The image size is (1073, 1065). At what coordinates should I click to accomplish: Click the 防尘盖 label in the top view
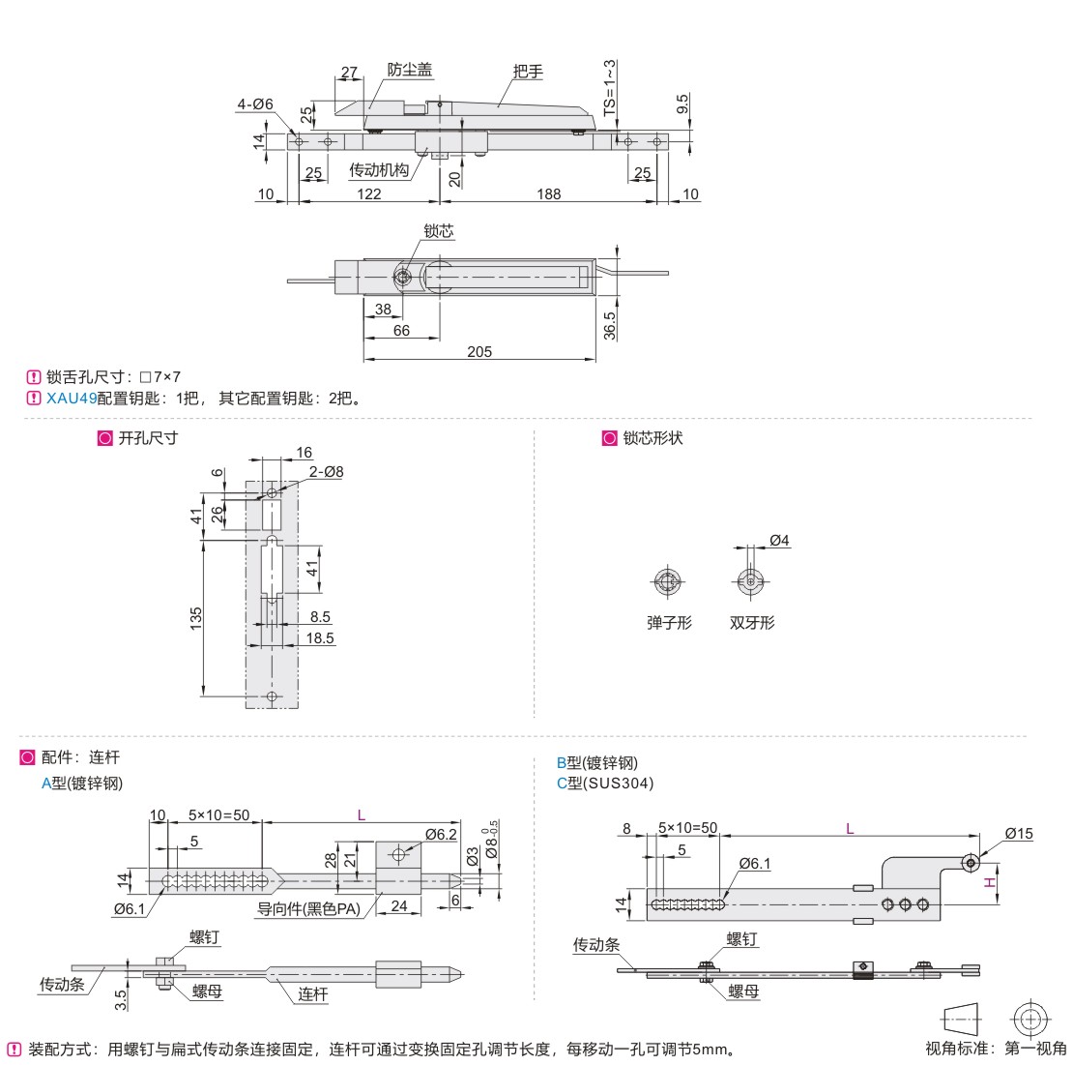(x=409, y=70)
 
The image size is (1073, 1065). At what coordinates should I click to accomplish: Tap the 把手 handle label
(x=528, y=71)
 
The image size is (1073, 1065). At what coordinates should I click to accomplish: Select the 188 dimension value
(x=548, y=193)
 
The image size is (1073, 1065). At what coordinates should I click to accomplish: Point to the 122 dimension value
(x=368, y=193)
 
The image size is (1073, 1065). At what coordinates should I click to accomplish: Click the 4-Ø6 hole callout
(x=255, y=104)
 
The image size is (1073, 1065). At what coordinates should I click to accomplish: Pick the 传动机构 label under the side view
(x=379, y=170)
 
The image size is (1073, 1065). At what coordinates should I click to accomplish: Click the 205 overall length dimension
(x=479, y=352)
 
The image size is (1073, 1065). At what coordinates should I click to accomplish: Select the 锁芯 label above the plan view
(x=438, y=231)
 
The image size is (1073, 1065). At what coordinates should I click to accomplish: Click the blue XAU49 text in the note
(x=72, y=398)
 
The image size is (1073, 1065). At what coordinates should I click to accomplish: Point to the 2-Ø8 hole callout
(x=326, y=471)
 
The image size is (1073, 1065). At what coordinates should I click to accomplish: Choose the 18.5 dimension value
(x=321, y=638)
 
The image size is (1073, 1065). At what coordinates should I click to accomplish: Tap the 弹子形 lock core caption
(x=669, y=623)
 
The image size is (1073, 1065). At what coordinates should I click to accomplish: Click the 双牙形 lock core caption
(x=751, y=623)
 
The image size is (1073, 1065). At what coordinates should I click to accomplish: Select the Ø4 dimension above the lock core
(x=779, y=541)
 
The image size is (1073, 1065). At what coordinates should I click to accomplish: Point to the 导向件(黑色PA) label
(x=308, y=908)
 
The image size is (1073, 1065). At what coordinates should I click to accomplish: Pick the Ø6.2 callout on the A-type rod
(x=440, y=834)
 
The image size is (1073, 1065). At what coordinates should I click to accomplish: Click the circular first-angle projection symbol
(x=1030, y=1019)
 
